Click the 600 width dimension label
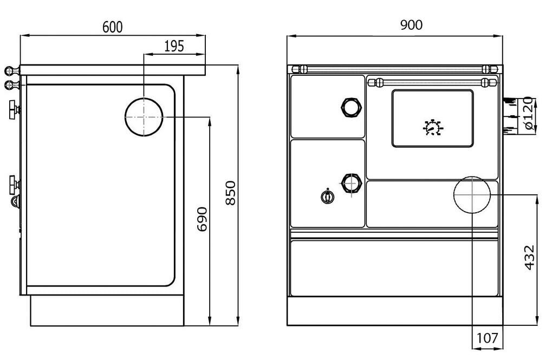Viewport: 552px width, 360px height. tap(113, 27)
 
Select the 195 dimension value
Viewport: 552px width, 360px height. tap(174, 46)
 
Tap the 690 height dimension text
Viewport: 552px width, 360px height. tap(202, 219)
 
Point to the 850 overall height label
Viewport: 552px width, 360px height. tap(231, 193)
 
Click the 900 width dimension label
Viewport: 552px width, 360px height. tap(411, 25)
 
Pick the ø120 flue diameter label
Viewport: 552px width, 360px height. tap(529, 116)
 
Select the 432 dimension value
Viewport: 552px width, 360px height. tap(529, 258)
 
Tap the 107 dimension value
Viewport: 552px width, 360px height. tap(487, 338)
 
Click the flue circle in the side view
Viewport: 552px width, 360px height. tap(144, 117)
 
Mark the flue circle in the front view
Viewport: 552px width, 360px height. tap(472, 194)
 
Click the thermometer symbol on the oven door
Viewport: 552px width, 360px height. tap(432, 128)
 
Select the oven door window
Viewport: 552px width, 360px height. tap(432, 118)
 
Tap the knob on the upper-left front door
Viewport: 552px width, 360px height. tap(351, 107)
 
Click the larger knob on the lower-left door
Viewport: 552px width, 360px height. tap(351, 183)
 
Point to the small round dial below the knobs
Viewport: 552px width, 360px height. tap(327, 197)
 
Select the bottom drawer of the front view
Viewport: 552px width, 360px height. tap(394, 268)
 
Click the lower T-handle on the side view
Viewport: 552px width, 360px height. tap(14, 184)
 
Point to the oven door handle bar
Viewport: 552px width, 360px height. tap(432, 82)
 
